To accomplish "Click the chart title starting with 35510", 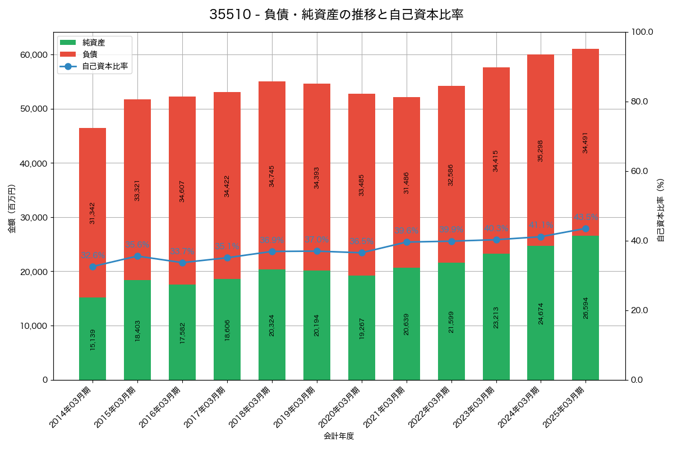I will click(336, 15).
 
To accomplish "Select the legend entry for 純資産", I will click(93, 43).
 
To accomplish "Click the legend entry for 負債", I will click(90, 54).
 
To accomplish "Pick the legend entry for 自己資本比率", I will click(104, 66).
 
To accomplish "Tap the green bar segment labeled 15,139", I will click(93, 338).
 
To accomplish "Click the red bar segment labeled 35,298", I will click(541, 150).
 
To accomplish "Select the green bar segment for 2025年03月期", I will click(586, 308).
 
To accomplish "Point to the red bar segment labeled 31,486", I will click(407, 182).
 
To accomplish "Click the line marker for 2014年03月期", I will click(93, 267).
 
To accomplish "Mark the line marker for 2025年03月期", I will click(586, 228).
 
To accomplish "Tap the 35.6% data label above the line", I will click(137, 245).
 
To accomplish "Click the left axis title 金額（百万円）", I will click(11, 209).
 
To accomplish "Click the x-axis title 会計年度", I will click(339, 436).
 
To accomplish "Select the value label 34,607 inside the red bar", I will click(182, 191).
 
